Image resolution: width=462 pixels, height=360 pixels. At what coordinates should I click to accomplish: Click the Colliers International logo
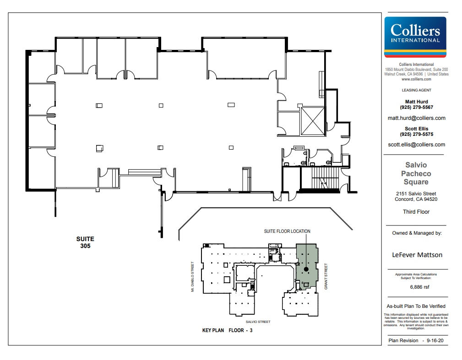(x=415, y=36)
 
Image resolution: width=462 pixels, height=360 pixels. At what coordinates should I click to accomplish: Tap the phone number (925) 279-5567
(x=416, y=107)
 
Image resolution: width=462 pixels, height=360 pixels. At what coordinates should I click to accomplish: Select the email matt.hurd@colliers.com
(x=416, y=118)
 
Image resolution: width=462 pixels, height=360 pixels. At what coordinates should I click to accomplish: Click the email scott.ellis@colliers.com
(x=416, y=145)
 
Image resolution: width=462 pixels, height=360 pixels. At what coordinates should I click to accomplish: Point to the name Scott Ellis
(x=416, y=129)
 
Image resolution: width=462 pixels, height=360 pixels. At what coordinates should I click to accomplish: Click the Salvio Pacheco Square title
(x=416, y=173)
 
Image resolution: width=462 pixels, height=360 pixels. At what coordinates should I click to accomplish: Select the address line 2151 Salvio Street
(x=416, y=193)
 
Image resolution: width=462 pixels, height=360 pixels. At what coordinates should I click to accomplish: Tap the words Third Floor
(x=416, y=212)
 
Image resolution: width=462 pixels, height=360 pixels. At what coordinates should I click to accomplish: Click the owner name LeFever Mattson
(x=417, y=255)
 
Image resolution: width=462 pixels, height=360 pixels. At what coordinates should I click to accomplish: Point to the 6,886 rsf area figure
(x=416, y=287)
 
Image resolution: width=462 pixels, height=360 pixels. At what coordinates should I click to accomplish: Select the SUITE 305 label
(x=85, y=242)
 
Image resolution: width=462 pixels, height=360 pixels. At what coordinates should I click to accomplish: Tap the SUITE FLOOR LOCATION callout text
(x=287, y=231)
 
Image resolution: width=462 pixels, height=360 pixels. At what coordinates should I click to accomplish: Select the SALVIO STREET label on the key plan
(x=258, y=322)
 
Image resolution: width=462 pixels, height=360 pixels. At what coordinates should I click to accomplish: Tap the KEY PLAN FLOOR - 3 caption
(x=228, y=330)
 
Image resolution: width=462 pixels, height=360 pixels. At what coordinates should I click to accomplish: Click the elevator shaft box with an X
(x=311, y=121)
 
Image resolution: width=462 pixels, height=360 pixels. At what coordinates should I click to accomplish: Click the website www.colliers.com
(x=416, y=79)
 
